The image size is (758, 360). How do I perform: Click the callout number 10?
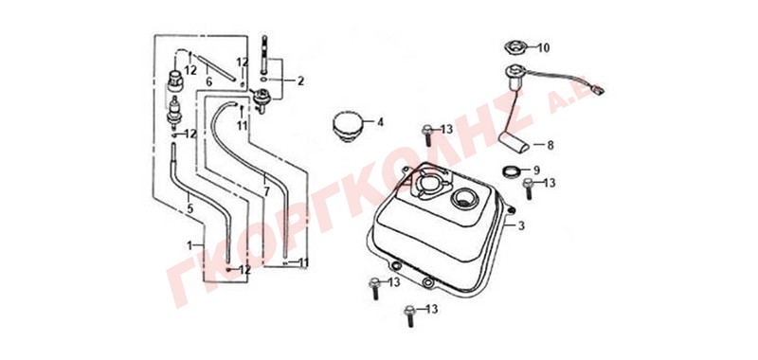[x=543, y=47]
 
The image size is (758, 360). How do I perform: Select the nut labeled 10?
[x=514, y=47]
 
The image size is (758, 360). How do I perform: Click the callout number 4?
[x=380, y=122]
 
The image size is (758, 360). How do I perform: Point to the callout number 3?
[x=520, y=225]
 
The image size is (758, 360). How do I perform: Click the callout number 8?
[x=550, y=145]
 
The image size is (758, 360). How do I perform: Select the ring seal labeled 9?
[x=512, y=171]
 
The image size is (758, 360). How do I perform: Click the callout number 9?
[x=535, y=171]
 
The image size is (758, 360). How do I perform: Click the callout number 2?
[x=300, y=81]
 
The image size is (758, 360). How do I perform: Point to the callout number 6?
[x=208, y=82]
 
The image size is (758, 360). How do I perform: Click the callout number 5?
[x=190, y=208]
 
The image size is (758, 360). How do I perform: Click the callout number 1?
[x=189, y=245]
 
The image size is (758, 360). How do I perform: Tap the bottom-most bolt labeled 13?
[x=410, y=315]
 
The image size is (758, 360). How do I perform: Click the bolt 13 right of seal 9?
[x=529, y=188]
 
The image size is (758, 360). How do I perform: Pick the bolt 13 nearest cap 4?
[x=427, y=135]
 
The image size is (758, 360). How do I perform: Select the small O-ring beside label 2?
[x=262, y=79]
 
